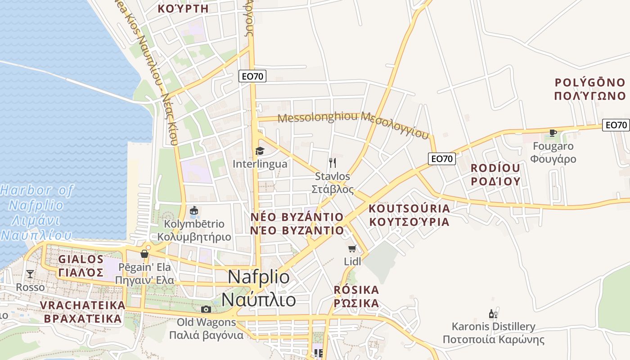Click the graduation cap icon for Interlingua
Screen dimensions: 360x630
pyautogui.click(x=260, y=151)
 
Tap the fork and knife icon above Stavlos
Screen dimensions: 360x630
pyautogui.click(x=333, y=162)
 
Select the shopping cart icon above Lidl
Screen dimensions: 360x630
pyautogui.click(x=352, y=248)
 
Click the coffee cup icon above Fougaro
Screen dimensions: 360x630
pyautogui.click(x=553, y=133)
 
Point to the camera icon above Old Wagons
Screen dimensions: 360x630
pyautogui.click(x=206, y=309)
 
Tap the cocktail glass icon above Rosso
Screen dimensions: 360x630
pyautogui.click(x=30, y=274)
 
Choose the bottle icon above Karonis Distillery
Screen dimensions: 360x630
pyautogui.click(x=493, y=314)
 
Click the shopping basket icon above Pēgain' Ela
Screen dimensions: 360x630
pyautogui.click(x=144, y=254)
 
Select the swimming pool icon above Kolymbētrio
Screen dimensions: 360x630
pyautogui.click(x=194, y=211)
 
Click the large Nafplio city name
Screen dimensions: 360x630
pyautogui.click(x=259, y=288)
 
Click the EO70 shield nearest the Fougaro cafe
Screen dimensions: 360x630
pyautogui.click(x=616, y=125)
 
